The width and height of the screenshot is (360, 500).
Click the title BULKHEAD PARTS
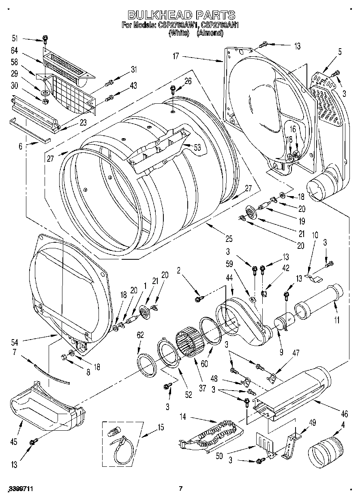click(x=181, y=15)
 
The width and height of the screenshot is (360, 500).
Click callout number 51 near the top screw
click(x=15, y=38)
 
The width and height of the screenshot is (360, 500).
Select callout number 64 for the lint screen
click(x=15, y=51)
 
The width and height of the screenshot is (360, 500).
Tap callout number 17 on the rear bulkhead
click(x=176, y=56)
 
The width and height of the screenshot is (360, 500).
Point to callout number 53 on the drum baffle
click(x=197, y=148)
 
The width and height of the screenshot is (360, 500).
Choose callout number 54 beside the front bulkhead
click(x=15, y=342)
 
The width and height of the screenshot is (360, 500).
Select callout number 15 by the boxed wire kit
click(x=161, y=427)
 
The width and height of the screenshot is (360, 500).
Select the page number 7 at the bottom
click(x=181, y=489)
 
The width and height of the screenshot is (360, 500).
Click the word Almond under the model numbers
click(x=210, y=33)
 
